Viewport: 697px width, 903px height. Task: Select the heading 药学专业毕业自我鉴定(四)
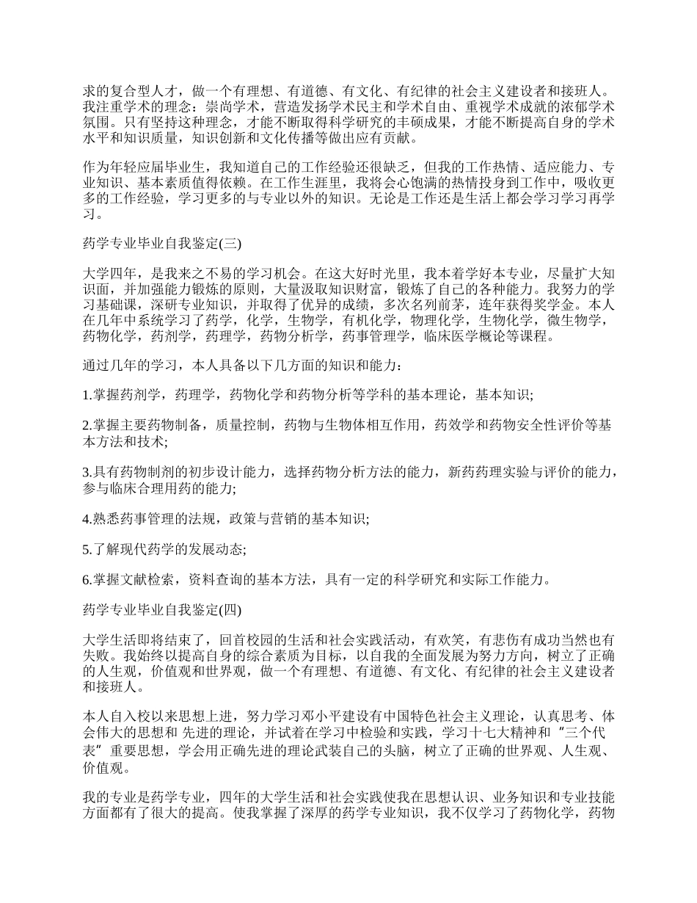(157, 610)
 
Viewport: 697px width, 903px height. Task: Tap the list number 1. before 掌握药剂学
(87, 395)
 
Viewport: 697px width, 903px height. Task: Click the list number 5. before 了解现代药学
(87, 549)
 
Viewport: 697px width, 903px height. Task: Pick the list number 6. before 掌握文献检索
(87, 580)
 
